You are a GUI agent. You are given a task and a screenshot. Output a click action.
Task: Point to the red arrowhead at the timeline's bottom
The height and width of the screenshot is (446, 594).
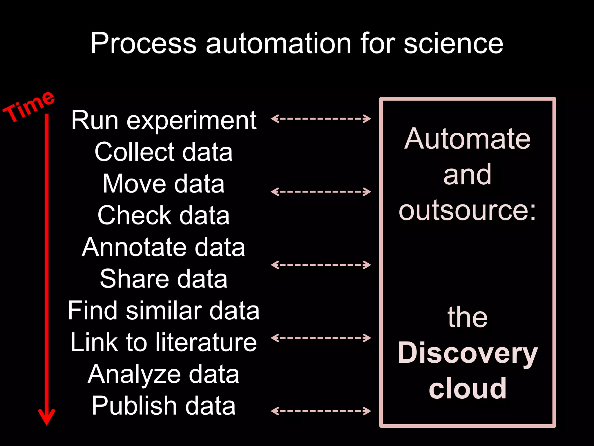point(47,417)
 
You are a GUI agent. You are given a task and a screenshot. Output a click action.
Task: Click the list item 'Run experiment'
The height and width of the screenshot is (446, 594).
point(164,120)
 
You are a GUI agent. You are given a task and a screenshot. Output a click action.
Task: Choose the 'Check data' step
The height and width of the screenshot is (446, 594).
point(164,215)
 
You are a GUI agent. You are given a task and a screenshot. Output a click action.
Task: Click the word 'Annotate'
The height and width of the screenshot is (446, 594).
point(134,247)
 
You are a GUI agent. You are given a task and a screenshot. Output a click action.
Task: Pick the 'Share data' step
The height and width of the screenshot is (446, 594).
point(164,279)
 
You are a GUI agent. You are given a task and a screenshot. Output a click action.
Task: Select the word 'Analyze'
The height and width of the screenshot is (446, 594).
point(134,375)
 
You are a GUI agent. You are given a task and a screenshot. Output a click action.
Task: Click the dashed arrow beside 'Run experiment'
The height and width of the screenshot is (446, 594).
point(321,118)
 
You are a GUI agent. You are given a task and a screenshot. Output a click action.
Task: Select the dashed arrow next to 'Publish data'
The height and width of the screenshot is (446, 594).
point(321,411)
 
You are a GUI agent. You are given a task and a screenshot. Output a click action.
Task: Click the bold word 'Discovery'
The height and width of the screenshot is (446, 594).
point(467,353)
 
